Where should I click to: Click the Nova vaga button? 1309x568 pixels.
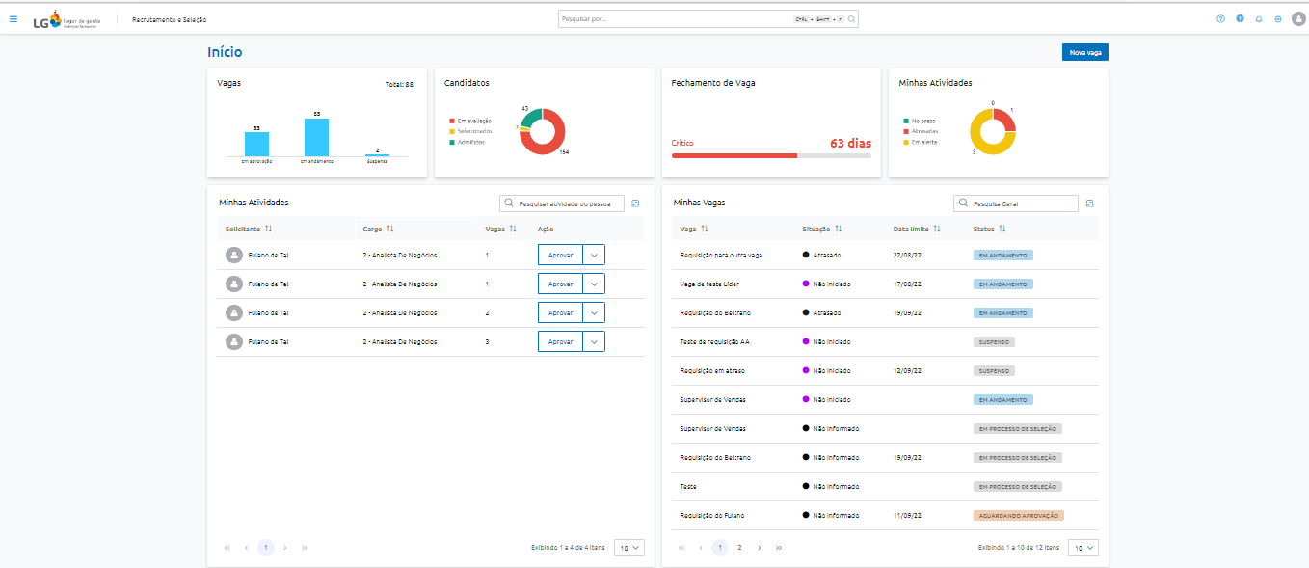click(1084, 52)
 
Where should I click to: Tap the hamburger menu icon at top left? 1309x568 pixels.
click(13, 18)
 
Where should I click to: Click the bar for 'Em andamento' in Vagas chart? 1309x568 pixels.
click(316, 137)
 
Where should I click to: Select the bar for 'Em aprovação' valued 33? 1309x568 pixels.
click(256, 144)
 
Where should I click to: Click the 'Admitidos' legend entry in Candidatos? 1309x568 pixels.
click(470, 142)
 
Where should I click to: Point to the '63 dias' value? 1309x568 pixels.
click(850, 143)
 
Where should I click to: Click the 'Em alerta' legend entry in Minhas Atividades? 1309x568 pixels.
click(923, 142)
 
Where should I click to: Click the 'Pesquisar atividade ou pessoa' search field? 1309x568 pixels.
click(569, 203)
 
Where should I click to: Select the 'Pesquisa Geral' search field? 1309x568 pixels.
click(1022, 203)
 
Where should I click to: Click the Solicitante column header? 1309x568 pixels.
click(243, 229)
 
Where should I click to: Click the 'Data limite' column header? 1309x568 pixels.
click(911, 229)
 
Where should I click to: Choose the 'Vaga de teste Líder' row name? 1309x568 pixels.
click(709, 284)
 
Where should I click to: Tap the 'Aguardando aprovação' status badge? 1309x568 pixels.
click(1018, 516)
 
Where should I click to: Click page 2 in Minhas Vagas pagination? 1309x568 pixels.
click(739, 547)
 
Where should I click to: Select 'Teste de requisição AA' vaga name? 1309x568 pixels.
click(714, 342)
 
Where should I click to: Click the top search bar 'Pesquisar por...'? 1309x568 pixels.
click(675, 19)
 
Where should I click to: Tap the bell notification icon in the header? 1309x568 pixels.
click(1259, 19)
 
